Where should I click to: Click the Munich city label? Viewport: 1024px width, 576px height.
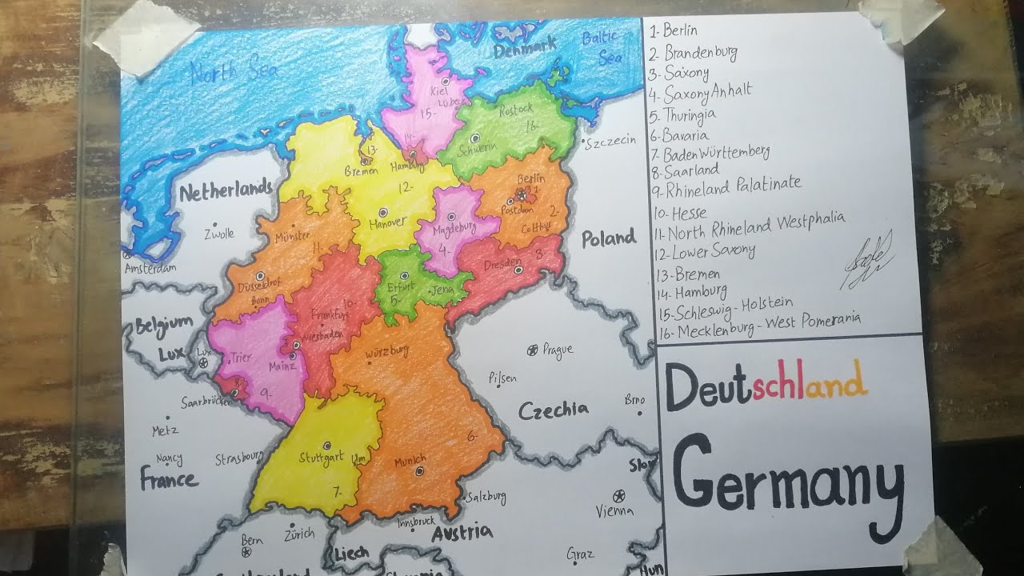coord(410,462)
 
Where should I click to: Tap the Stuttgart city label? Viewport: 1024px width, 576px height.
coord(321,458)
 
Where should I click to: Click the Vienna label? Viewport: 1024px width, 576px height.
coord(614,510)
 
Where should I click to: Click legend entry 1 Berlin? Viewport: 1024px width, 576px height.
coord(674,31)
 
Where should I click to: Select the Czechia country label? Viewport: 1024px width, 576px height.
coord(553,410)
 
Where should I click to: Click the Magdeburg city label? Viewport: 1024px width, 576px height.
coord(453,229)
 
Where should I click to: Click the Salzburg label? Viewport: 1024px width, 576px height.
coord(486,496)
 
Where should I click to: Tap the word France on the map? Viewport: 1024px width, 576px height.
coord(169,479)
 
